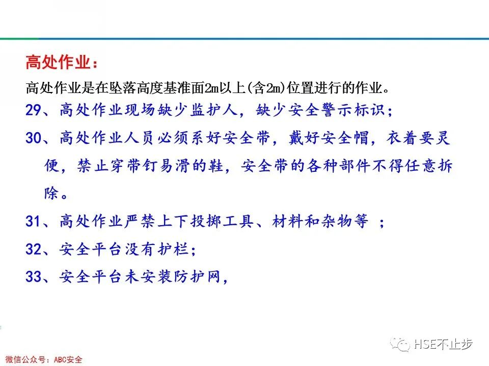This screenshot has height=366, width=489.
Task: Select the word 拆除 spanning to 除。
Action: click(x=444, y=166)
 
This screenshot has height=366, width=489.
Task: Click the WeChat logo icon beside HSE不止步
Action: click(x=400, y=345)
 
